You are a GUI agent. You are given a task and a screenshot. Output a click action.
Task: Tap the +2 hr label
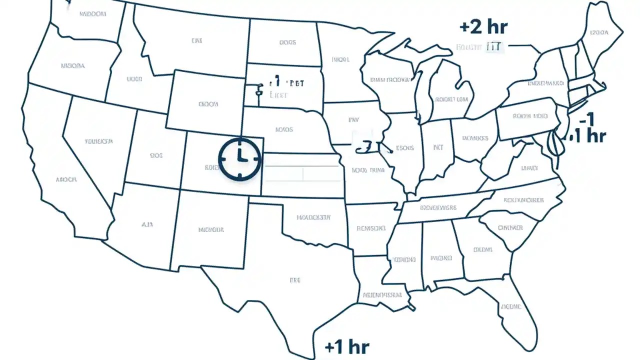coord(483,26)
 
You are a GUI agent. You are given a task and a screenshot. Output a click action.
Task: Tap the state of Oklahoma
coord(312,217)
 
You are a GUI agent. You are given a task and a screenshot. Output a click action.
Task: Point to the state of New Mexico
coord(210,230)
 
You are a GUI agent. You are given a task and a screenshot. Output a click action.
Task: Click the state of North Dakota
coord(285,42)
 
